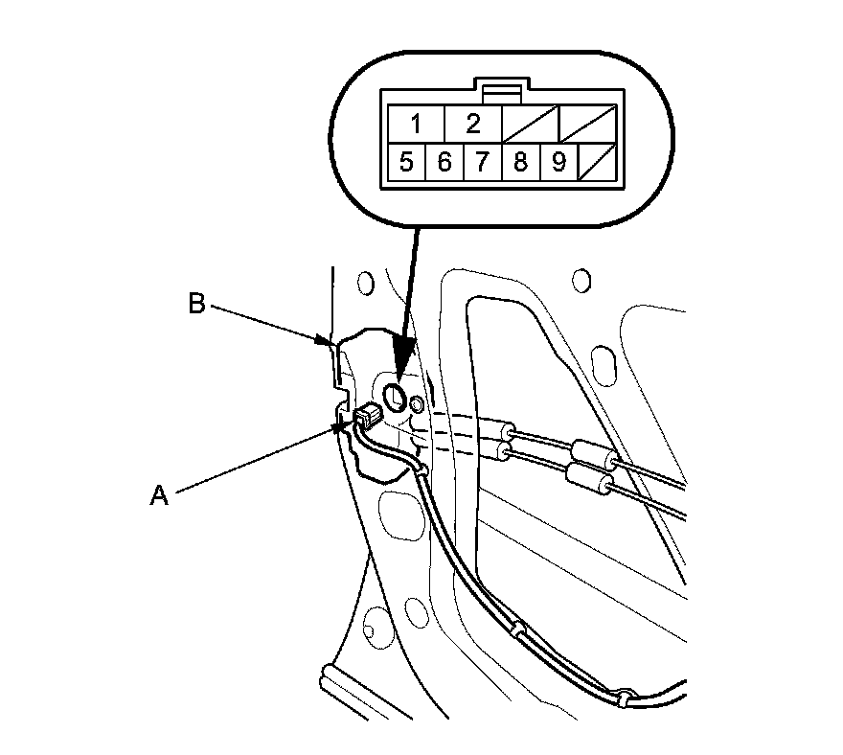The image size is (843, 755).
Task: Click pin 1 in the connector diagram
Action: coord(416,124)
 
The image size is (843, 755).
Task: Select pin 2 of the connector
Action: coord(472,124)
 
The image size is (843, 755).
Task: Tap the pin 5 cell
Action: coord(406,162)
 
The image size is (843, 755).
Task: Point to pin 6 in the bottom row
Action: coord(444,162)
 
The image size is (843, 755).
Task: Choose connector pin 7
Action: coord(482,162)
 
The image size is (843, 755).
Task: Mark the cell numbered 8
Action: coord(520,162)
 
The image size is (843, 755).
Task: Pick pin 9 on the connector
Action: coord(558,162)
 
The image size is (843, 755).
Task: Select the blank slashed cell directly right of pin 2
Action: coord(529,124)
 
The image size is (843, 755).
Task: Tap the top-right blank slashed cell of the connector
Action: coord(585,124)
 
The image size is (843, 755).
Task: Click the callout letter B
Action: coord(196,305)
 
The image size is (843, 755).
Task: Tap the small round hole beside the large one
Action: coord(417,405)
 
